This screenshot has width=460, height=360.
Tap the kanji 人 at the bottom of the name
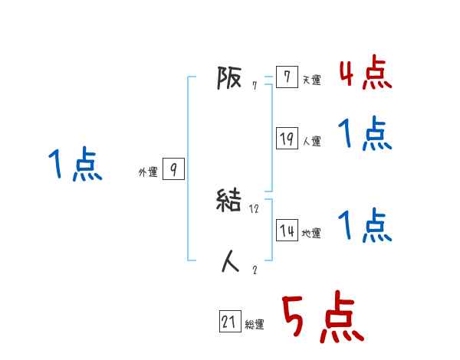[x=230, y=262]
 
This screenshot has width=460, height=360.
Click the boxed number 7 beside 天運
[x=287, y=78]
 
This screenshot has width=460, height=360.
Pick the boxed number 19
[x=287, y=139]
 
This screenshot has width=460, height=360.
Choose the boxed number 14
[x=287, y=231]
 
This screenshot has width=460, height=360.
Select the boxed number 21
[x=229, y=322]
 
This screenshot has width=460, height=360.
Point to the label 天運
[x=311, y=80]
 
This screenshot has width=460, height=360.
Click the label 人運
[x=311, y=141]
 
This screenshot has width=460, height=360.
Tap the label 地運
[x=311, y=233]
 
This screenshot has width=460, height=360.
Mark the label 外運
[x=147, y=173]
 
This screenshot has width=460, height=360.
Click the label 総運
[x=255, y=325]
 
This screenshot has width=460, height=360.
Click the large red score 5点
[x=321, y=319]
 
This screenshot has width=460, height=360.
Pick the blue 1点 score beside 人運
[x=365, y=135]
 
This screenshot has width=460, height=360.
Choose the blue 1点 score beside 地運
[x=365, y=226]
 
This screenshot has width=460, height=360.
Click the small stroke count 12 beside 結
[x=255, y=208]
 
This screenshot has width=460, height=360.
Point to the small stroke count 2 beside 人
[x=255, y=269]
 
